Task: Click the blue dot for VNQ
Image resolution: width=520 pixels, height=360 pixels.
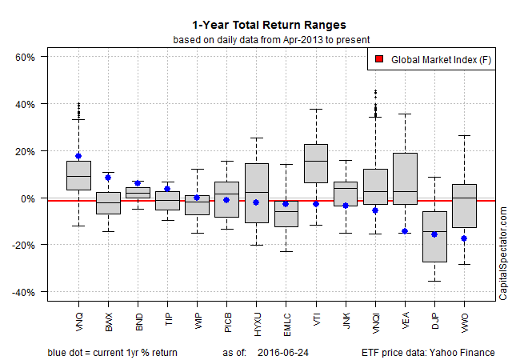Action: [x=78, y=156]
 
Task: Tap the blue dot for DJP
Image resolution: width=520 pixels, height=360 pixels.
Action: [x=434, y=234]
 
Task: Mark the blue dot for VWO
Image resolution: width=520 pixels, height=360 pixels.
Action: [x=463, y=238]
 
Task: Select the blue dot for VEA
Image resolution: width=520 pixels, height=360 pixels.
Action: [x=404, y=231]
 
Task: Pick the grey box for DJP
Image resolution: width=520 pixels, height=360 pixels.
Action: [x=434, y=237]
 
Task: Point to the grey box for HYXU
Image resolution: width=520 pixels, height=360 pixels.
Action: [x=256, y=192]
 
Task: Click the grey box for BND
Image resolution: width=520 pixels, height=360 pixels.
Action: [x=138, y=192]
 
